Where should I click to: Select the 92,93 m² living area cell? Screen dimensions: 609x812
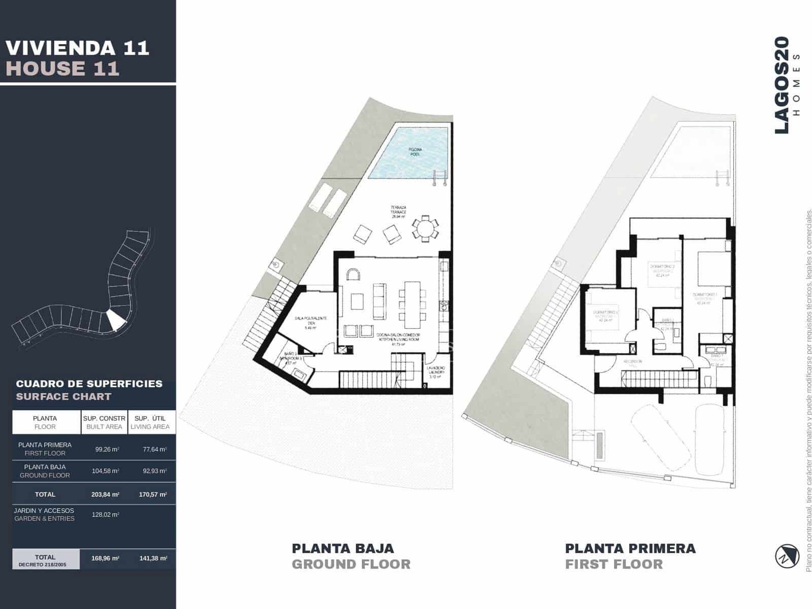tap(154, 471)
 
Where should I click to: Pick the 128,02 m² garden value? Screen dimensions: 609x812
tap(106, 515)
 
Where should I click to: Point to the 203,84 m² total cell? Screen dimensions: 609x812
tap(106, 494)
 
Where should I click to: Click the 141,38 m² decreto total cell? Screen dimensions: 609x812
tap(153, 558)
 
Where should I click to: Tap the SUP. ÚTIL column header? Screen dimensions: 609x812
tap(150, 422)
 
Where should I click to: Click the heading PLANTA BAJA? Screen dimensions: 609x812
tap(343, 549)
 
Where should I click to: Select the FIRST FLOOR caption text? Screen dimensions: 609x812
tap(614, 564)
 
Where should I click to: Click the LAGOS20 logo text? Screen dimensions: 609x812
tap(782, 85)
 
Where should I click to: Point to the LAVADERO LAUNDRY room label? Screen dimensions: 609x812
tap(436, 370)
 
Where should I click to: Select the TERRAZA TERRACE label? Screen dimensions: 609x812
tap(398, 210)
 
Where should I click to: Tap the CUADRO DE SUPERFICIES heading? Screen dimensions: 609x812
tap(89, 384)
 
